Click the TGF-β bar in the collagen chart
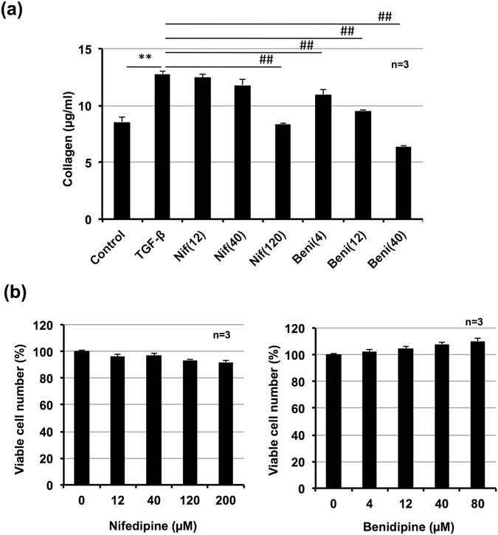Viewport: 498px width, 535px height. point(162,147)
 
